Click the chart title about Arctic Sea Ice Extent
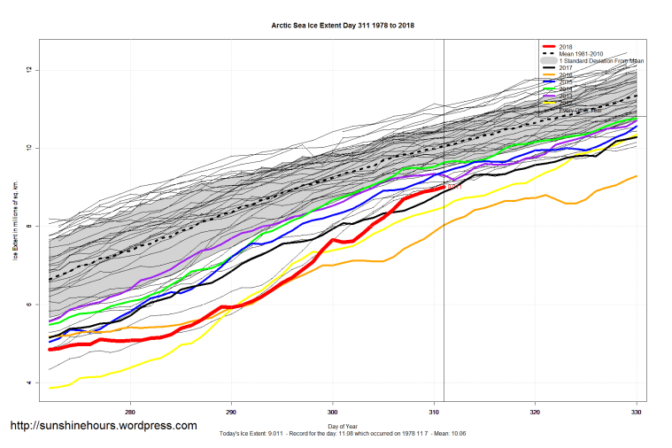click(x=343, y=26)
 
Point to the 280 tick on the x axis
click(x=131, y=412)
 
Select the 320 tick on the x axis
click(x=535, y=412)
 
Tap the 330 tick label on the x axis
click(x=636, y=412)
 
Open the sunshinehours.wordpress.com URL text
click(x=103, y=426)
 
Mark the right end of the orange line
click(x=636, y=176)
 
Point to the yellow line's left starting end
click(x=50, y=388)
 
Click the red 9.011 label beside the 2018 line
click(x=454, y=188)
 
